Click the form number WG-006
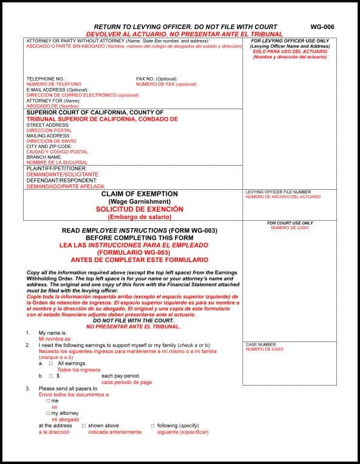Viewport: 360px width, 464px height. tap(322, 27)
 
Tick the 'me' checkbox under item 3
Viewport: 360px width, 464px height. tap(48, 401)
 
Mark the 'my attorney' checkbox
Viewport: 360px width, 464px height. tap(48, 413)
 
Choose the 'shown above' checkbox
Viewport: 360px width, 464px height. tap(84, 426)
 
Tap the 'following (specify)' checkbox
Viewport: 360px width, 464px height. tap(152, 426)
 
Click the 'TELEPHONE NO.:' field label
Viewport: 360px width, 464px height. tap(46, 79)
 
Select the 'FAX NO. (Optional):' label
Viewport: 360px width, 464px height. tap(157, 79)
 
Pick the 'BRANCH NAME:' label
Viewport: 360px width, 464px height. tap(44, 157)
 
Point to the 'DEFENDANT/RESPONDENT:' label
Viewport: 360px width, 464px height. tap(61, 180)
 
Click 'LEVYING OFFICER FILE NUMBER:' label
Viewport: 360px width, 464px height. tap(278, 192)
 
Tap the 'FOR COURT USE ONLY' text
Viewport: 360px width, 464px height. tap(290, 223)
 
